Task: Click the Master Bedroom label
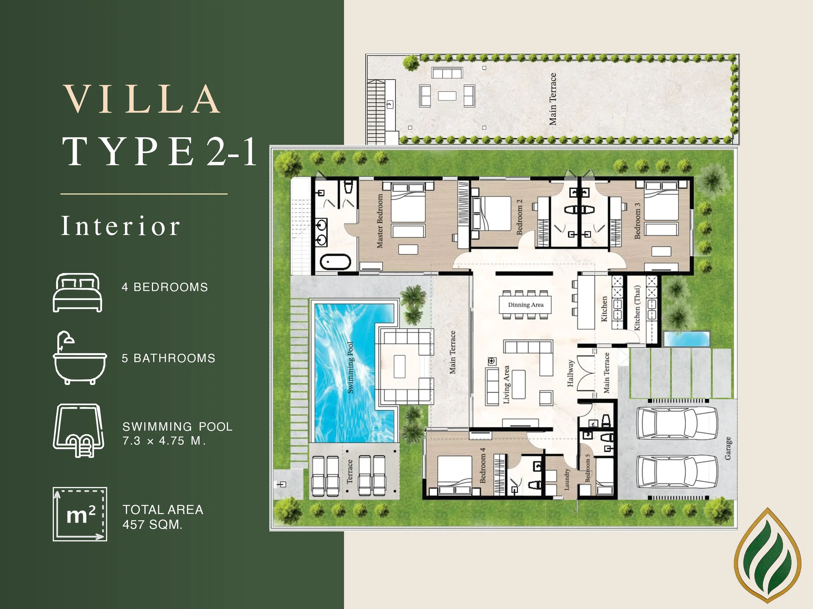click(x=380, y=221)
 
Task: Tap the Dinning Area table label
click(x=526, y=305)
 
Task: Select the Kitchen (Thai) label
click(x=637, y=308)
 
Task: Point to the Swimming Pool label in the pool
click(x=350, y=367)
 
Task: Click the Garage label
click(x=728, y=448)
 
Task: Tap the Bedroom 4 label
click(x=482, y=465)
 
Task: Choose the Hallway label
click(x=570, y=373)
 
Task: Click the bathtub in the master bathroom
click(x=335, y=262)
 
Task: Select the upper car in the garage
click(x=677, y=423)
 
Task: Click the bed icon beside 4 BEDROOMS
click(x=77, y=293)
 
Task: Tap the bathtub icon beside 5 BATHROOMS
click(x=80, y=358)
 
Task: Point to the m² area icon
click(x=80, y=514)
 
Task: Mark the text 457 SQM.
click(x=152, y=525)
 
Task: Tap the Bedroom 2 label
click(x=519, y=217)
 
